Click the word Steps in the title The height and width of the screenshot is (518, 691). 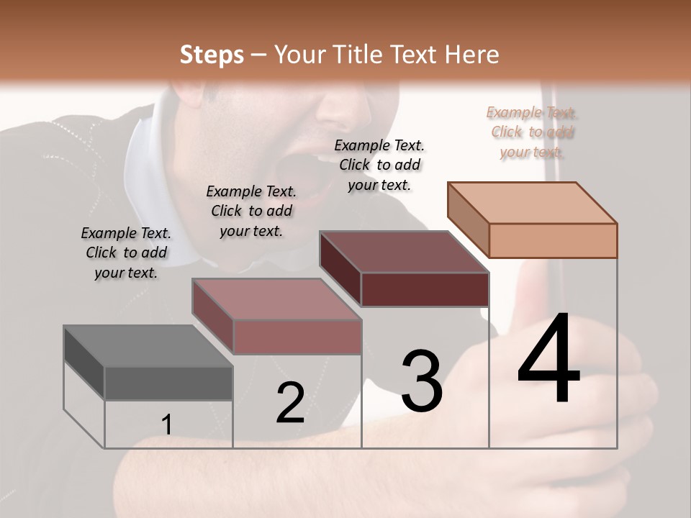tap(212, 55)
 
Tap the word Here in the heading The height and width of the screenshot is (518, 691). tap(472, 55)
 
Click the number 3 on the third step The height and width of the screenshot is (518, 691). tap(422, 381)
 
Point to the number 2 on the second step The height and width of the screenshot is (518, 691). tap(291, 403)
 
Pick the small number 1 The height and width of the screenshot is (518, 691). tap(166, 425)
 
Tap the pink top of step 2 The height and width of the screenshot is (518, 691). tap(276, 299)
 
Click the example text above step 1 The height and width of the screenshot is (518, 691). tap(126, 253)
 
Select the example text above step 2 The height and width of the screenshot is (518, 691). tap(251, 211)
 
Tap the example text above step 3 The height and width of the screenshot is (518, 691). tap(379, 165)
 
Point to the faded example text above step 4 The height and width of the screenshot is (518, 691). tap(532, 132)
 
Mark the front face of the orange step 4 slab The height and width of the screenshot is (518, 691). tap(553, 240)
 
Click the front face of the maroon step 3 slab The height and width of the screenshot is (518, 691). tap(425, 290)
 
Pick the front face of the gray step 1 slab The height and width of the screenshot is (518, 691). tap(168, 383)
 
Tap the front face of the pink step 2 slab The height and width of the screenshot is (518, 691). tap(297, 337)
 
